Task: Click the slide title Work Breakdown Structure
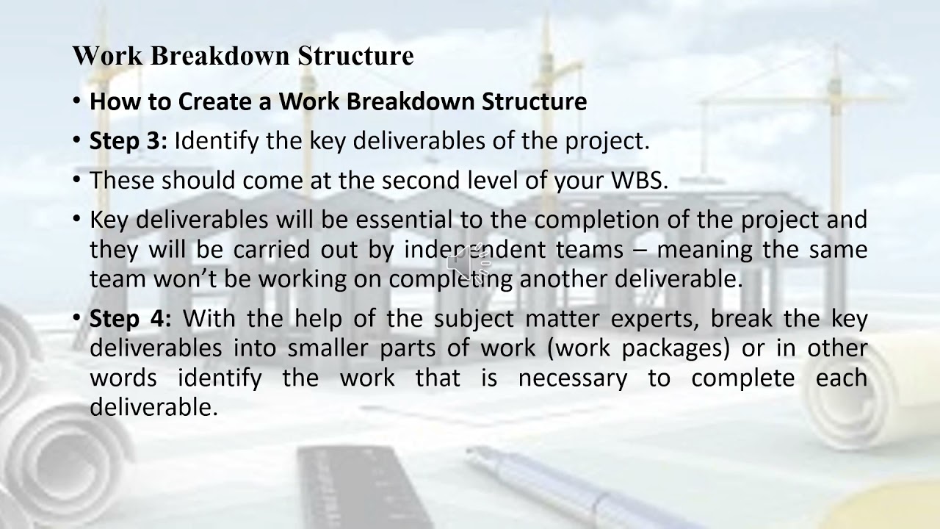[243, 56]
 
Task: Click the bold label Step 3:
[128, 140]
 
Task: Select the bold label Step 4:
[130, 318]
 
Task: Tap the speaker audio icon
[468, 262]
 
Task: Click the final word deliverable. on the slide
[153, 407]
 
